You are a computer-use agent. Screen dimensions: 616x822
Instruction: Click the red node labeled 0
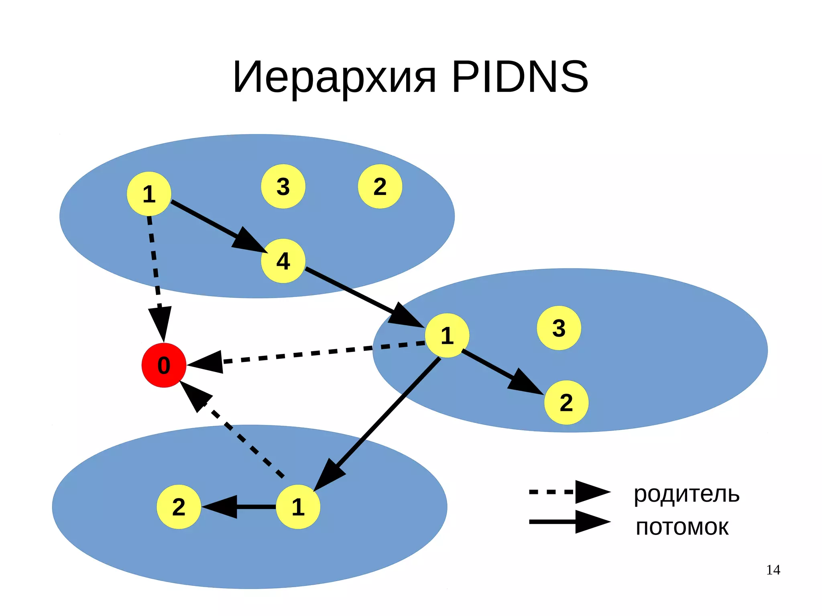pyautogui.click(x=164, y=365)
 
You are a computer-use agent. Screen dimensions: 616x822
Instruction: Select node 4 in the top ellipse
pyautogui.click(x=283, y=261)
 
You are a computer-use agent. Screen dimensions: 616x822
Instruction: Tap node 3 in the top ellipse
pyautogui.click(x=283, y=186)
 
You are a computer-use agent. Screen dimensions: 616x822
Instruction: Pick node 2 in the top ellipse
pyautogui.click(x=380, y=186)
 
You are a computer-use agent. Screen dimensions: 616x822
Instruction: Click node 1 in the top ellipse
pyautogui.click(x=149, y=194)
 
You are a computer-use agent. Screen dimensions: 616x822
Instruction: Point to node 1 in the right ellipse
pyautogui.click(x=447, y=335)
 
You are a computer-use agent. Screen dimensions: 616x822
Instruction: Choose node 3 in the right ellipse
pyautogui.click(x=559, y=328)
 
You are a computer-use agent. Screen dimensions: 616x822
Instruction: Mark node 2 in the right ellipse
pyautogui.click(x=566, y=403)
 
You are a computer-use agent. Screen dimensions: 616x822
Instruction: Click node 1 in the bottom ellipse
pyautogui.click(x=298, y=507)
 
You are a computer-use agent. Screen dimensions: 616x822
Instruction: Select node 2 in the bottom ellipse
pyautogui.click(x=179, y=507)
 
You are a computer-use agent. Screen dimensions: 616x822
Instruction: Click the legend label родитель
pyautogui.click(x=686, y=494)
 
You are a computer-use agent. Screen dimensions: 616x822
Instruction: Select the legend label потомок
pyautogui.click(x=682, y=527)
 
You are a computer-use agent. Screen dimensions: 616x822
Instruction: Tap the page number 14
pyautogui.click(x=773, y=570)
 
